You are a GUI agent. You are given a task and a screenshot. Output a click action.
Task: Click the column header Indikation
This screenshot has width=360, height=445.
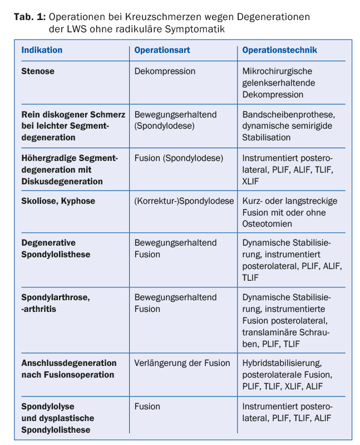coord(42,50)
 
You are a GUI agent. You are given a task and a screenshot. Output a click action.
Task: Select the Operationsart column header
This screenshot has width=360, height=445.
coord(162,50)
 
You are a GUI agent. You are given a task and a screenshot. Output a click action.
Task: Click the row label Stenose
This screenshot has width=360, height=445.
coord(38,71)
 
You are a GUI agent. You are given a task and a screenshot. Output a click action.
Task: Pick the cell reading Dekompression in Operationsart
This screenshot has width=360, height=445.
coord(165,71)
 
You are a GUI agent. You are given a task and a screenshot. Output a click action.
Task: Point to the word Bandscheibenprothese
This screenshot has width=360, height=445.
coord(288,114)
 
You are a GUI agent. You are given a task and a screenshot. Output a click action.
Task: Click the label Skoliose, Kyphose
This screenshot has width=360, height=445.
coord(58,201)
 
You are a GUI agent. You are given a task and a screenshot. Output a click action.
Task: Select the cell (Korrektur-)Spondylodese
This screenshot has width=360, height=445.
coord(184,201)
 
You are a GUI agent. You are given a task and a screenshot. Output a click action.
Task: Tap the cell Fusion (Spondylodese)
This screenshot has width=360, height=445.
coord(179,158)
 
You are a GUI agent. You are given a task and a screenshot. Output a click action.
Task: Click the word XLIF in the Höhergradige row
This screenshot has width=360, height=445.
coord(251,181)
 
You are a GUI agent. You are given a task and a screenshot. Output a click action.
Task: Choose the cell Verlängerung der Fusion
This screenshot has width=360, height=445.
coord(182,363)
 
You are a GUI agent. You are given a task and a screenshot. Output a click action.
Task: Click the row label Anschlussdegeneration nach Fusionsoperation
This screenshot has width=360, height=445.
coord(68,369)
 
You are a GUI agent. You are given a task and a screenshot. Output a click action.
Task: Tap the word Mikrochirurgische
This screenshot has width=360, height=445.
coord(277,71)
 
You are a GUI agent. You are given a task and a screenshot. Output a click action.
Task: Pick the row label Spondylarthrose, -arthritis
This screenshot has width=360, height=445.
coord(56,303)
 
